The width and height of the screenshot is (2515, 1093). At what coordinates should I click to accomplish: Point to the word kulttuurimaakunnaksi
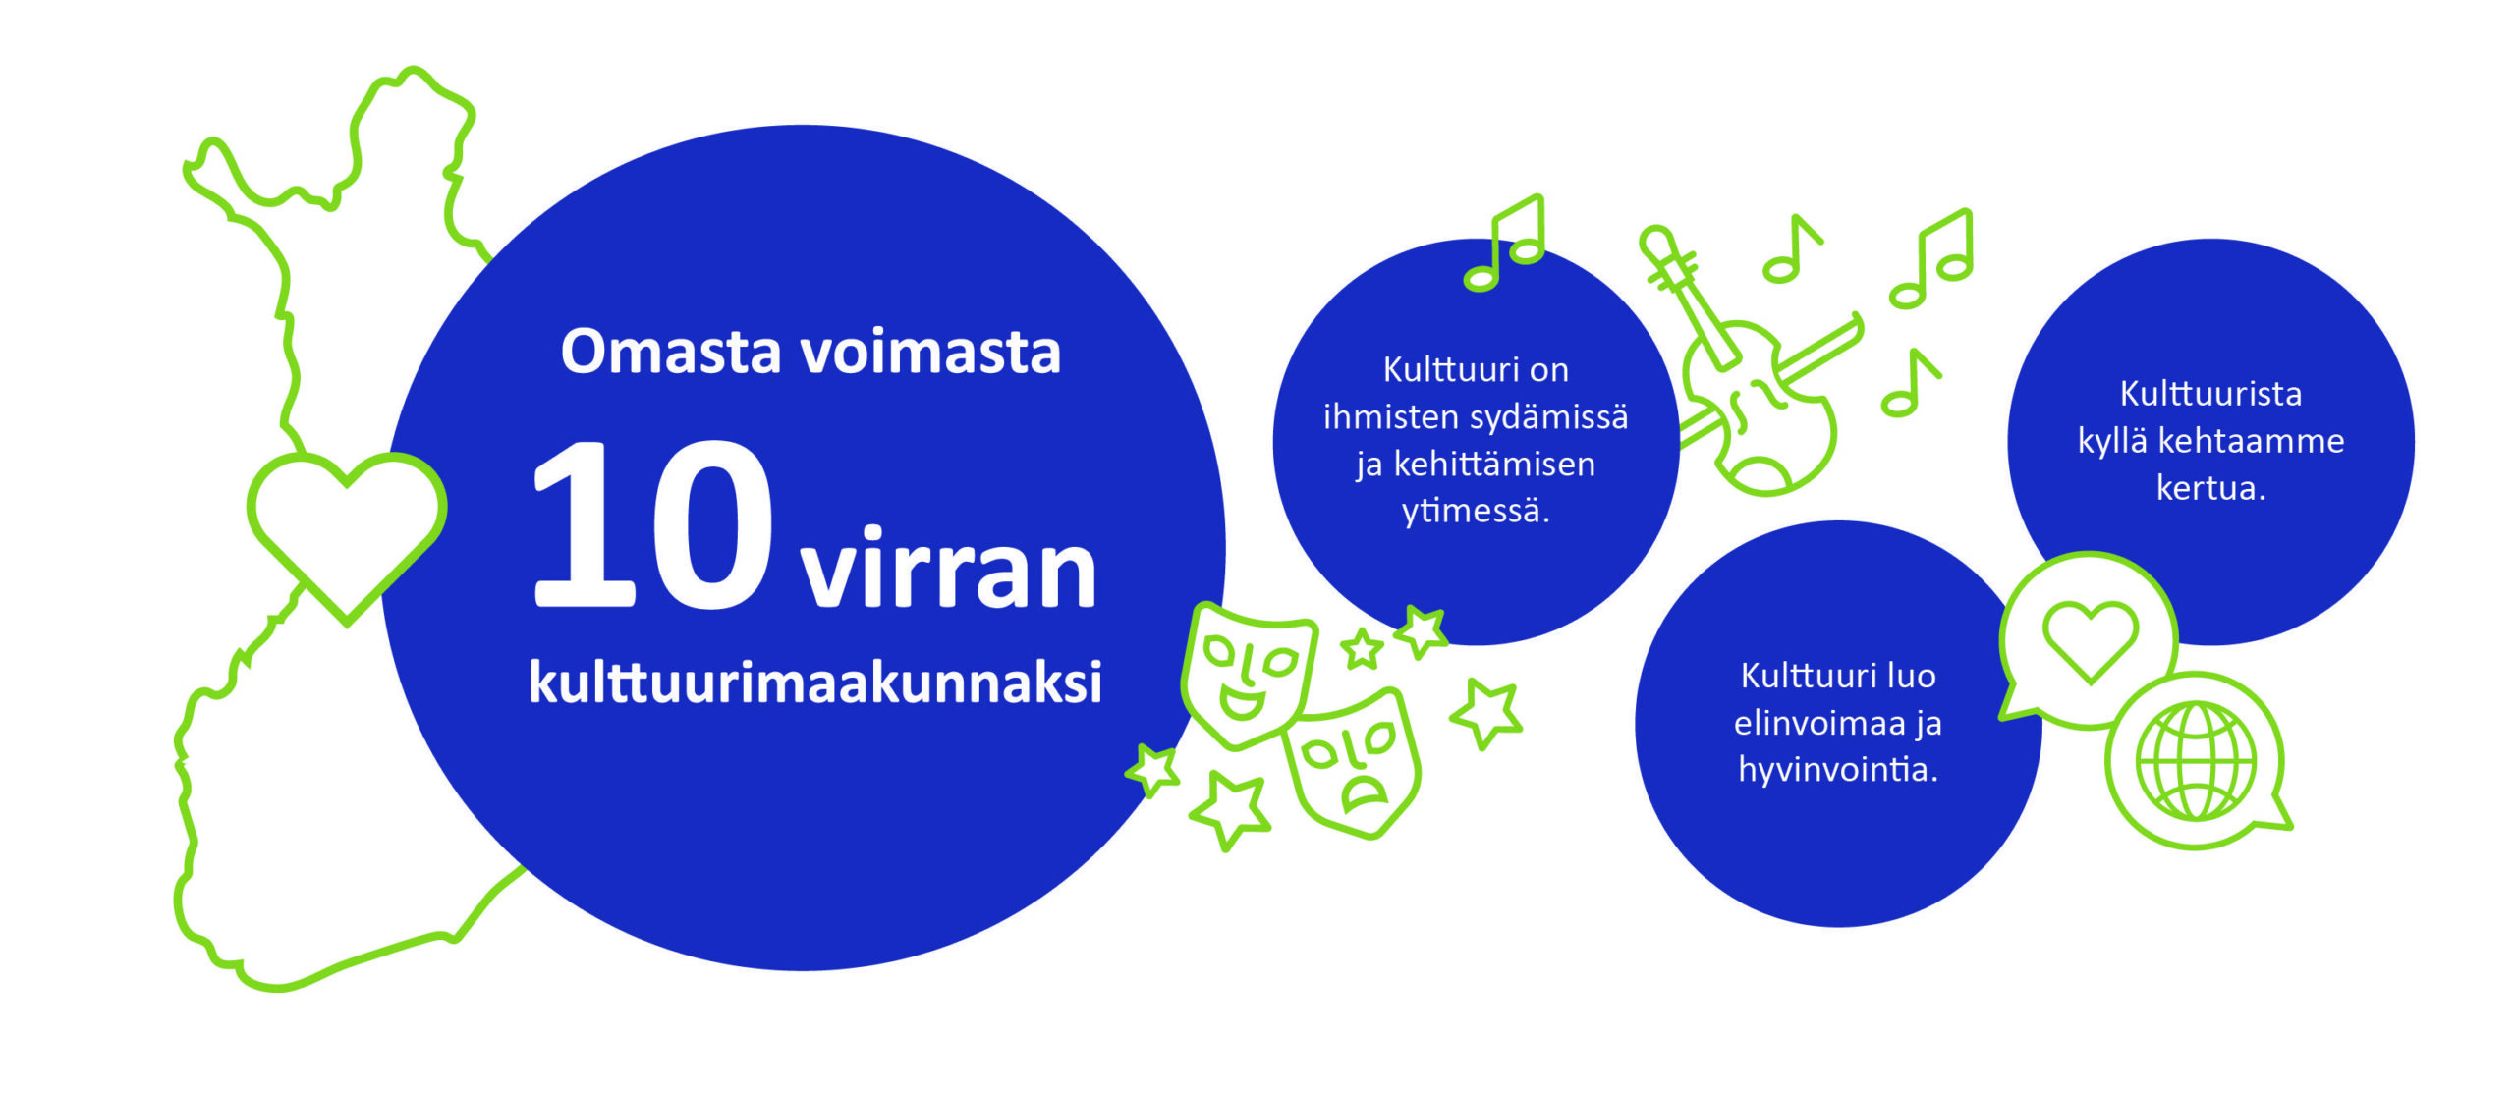pyautogui.click(x=815, y=681)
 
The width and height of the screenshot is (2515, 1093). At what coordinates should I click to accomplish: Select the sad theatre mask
pyautogui.click(x=1354, y=762)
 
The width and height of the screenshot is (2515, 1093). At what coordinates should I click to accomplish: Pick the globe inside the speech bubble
pyautogui.click(x=2197, y=761)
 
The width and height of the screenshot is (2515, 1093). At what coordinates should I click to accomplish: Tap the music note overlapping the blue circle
pyautogui.click(x=1504, y=243)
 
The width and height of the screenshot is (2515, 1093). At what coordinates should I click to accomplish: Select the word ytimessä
pyautogui.click(x=1476, y=512)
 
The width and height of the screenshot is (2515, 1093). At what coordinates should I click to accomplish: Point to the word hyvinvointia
pyautogui.click(x=1838, y=770)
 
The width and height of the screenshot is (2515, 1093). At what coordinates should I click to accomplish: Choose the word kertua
pyautogui.click(x=2210, y=488)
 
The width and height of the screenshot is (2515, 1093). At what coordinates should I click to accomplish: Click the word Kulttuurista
pyautogui.click(x=2210, y=393)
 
